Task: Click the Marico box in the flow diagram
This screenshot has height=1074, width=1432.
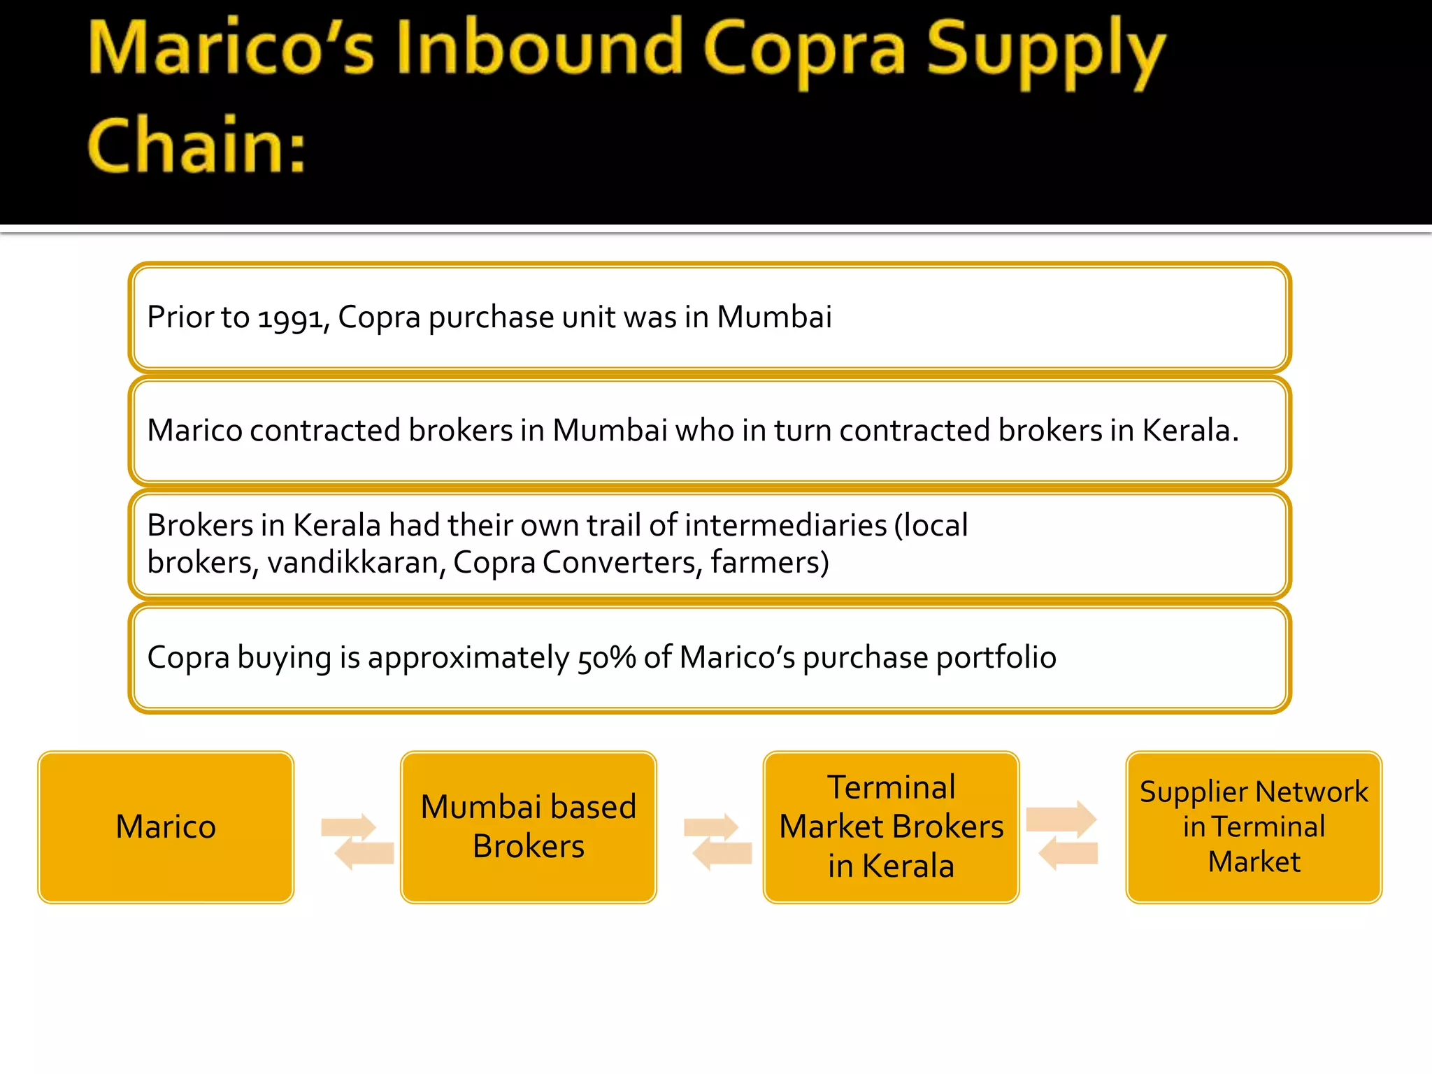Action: [x=166, y=827]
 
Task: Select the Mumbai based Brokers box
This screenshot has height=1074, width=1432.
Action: [x=529, y=827]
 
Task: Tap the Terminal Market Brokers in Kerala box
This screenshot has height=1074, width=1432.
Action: [x=891, y=827]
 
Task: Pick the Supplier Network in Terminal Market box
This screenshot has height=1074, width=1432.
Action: [x=1254, y=827]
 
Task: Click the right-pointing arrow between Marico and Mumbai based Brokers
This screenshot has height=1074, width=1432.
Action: [x=349, y=827]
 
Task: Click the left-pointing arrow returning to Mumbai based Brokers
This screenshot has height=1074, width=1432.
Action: [x=722, y=854]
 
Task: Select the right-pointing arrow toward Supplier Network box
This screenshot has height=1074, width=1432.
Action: [x=1061, y=819]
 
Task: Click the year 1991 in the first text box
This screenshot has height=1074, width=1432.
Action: [x=292, y=318]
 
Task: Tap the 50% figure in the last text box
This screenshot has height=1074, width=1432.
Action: [x=606, y=657]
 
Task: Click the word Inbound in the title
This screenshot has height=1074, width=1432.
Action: [x=539, y=49]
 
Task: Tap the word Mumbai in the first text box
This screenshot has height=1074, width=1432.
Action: [x=774, y=317]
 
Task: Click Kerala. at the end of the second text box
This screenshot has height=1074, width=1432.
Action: [x=1190, y=430]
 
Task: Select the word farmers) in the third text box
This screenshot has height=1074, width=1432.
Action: [x=770, y=562]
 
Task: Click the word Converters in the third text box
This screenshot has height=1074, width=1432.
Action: [x=622, y=562]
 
